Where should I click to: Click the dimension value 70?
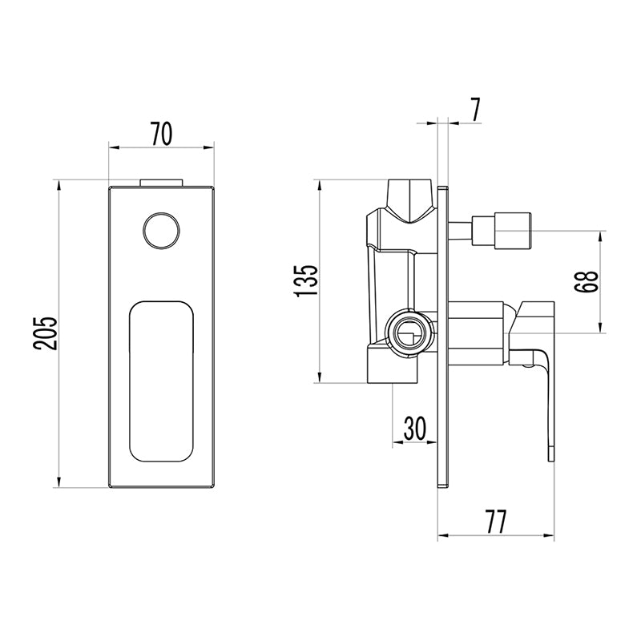coord(162,134)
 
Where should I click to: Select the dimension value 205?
coord(45,333)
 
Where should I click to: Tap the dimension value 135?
coord(307,280)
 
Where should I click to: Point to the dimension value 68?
coord(587,281)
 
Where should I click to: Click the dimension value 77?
coord(495,522)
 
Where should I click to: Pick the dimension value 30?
coord(414,428)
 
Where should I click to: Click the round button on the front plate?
coord(162,231)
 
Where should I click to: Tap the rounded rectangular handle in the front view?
coord(162,381)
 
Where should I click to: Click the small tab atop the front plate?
coord(161,183)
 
